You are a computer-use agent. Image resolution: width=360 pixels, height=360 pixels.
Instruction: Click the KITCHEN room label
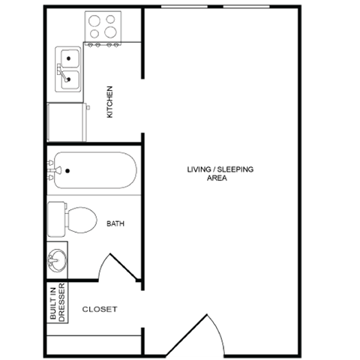pos(110,102)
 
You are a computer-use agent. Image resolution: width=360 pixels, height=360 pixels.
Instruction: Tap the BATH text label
pos(115,223)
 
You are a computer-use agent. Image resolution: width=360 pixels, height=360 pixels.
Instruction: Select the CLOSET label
pos(100,309)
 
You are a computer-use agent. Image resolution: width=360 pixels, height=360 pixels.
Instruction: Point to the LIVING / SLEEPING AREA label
pos(220,174)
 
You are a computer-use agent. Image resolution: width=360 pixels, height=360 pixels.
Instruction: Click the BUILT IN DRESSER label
pos(58,302)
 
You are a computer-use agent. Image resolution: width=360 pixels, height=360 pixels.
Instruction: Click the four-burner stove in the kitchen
pos(103,27)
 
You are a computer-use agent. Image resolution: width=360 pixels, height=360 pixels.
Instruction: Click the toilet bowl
pos(82,220)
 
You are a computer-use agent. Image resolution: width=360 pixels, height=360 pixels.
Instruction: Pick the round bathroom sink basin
pos(57,261)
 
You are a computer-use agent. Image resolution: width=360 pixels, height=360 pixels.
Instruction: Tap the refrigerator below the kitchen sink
pos(67,121)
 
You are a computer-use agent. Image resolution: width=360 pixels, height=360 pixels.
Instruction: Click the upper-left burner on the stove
pos(95,20)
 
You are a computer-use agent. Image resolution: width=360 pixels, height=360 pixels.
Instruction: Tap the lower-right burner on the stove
pos(112,34)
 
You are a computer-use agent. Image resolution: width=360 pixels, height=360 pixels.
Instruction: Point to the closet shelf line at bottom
pos(93,337)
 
